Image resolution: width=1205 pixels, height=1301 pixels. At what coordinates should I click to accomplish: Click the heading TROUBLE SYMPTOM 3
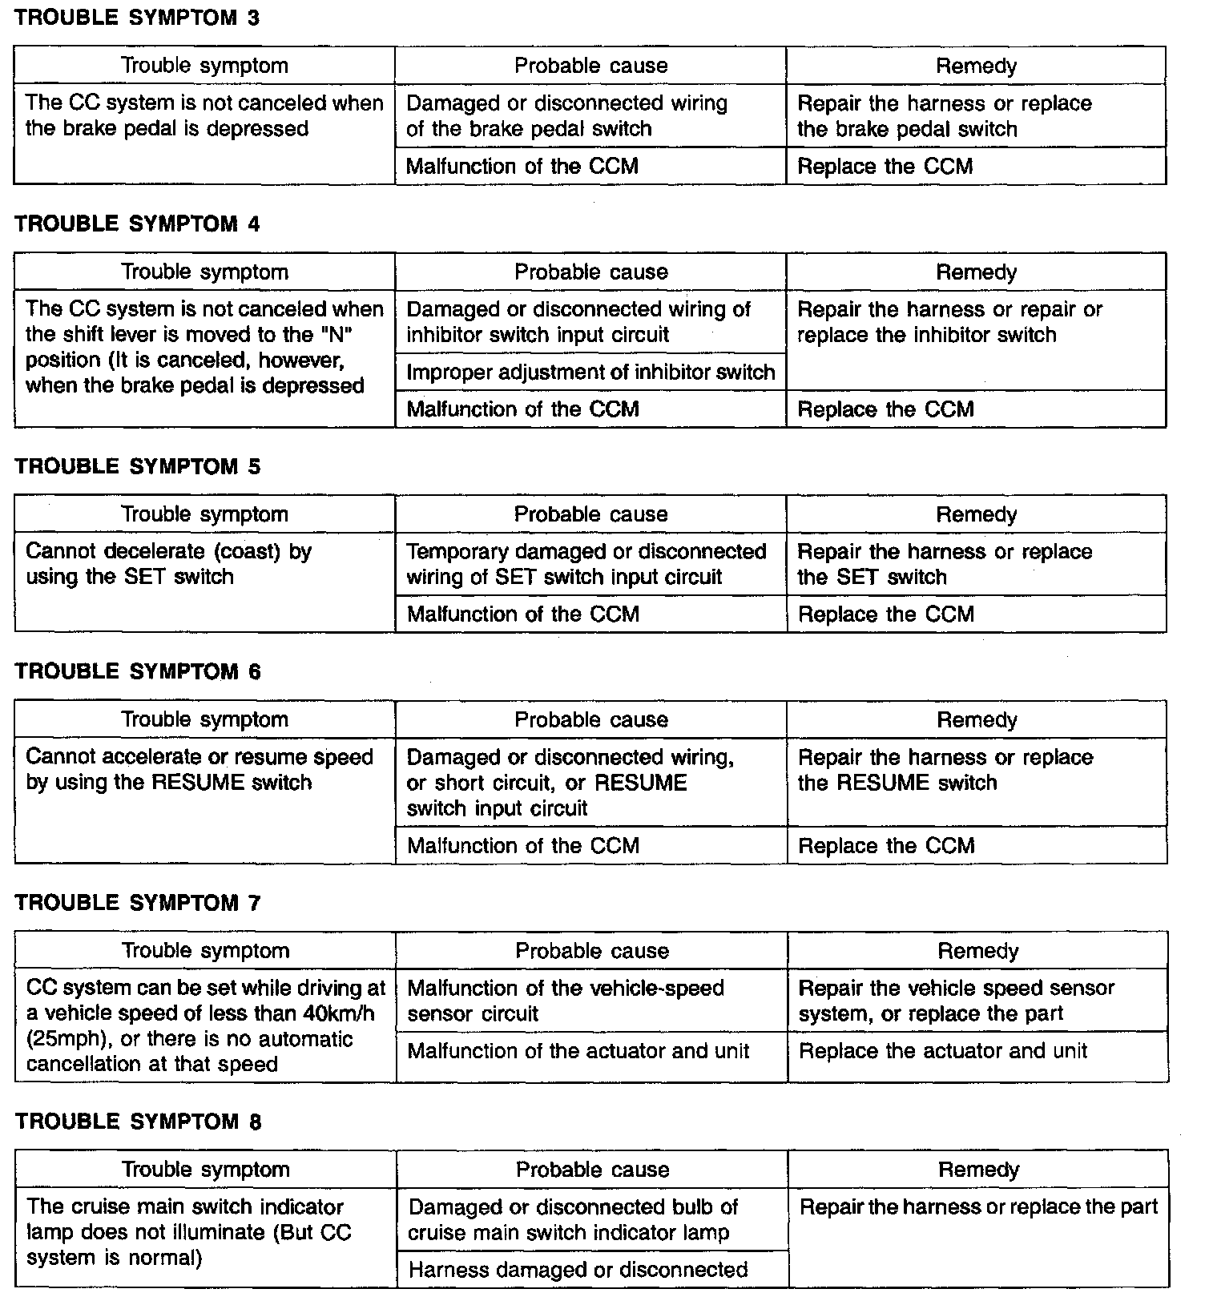pos(137,18)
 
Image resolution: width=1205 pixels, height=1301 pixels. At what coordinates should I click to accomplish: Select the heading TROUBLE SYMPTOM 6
pos(138,671)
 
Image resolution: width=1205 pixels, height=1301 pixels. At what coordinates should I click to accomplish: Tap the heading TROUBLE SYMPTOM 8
pos(138,1122)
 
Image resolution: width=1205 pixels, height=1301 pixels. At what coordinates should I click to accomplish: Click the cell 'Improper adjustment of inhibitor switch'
pos(590,373)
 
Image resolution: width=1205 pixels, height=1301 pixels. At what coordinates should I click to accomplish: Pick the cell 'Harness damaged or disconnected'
pos(578,1270)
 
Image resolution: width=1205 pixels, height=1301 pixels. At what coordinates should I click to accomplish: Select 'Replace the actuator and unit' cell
pos(943,1051)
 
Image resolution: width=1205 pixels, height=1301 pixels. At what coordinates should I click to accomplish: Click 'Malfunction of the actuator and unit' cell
pos(578,1051)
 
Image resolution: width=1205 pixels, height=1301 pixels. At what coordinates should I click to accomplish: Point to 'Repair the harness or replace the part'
pos(978,1207)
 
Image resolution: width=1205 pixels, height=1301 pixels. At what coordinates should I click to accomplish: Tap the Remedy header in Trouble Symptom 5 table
pos(976,514)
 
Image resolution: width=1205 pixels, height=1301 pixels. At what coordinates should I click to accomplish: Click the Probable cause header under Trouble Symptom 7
pos(591,951)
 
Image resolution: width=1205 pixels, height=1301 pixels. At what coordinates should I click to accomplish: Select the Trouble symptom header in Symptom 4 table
pos(204,272)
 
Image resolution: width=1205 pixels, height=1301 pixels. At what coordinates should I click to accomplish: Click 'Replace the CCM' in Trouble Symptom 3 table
pos(885,167)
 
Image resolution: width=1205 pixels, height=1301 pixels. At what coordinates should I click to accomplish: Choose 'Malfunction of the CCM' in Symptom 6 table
pos(522,846)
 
